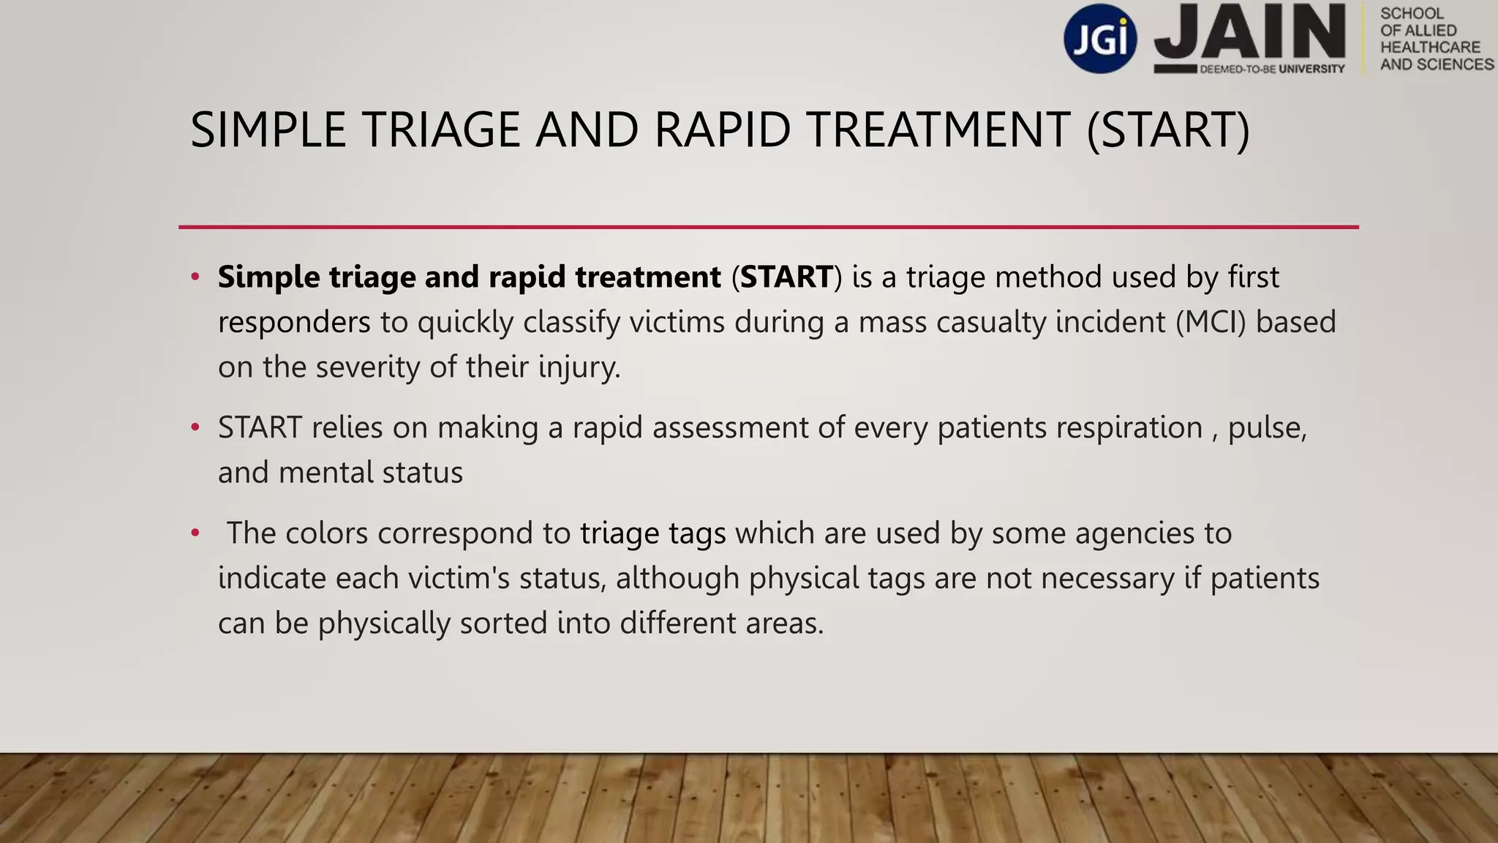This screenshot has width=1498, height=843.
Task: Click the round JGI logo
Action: [1100, 38]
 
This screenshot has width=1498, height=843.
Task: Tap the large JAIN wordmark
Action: [1249, 32]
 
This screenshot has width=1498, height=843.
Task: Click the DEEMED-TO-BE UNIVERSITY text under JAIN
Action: [1271, 69]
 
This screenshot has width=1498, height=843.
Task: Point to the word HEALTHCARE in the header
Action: [1430, 48]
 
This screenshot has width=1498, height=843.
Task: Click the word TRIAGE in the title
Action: [441, 130]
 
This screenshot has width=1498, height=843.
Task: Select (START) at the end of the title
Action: [1168, 130]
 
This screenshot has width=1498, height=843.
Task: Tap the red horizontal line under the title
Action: [768, 227]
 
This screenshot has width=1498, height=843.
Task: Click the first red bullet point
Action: [195, 277]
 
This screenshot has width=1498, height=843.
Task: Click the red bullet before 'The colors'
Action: [195, 533]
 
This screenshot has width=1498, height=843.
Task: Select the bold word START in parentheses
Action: [786, 277]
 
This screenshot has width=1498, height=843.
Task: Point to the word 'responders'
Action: [294, 323]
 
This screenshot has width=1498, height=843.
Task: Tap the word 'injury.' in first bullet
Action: [579, 367]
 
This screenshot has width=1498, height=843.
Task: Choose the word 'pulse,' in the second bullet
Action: [1267, 428]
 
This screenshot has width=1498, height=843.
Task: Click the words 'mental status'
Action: [371, 473]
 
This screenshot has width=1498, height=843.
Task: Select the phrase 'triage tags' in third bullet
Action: [652, 533]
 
